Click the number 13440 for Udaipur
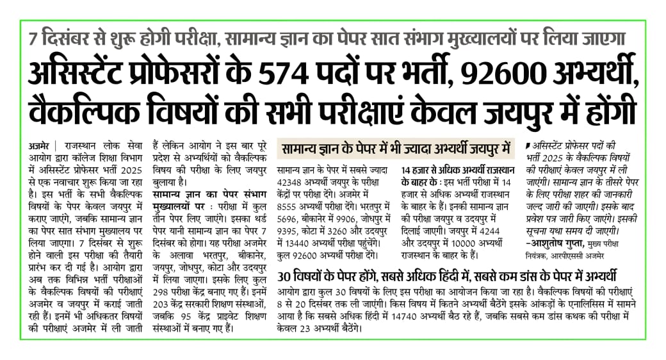(x=294, y=242)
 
